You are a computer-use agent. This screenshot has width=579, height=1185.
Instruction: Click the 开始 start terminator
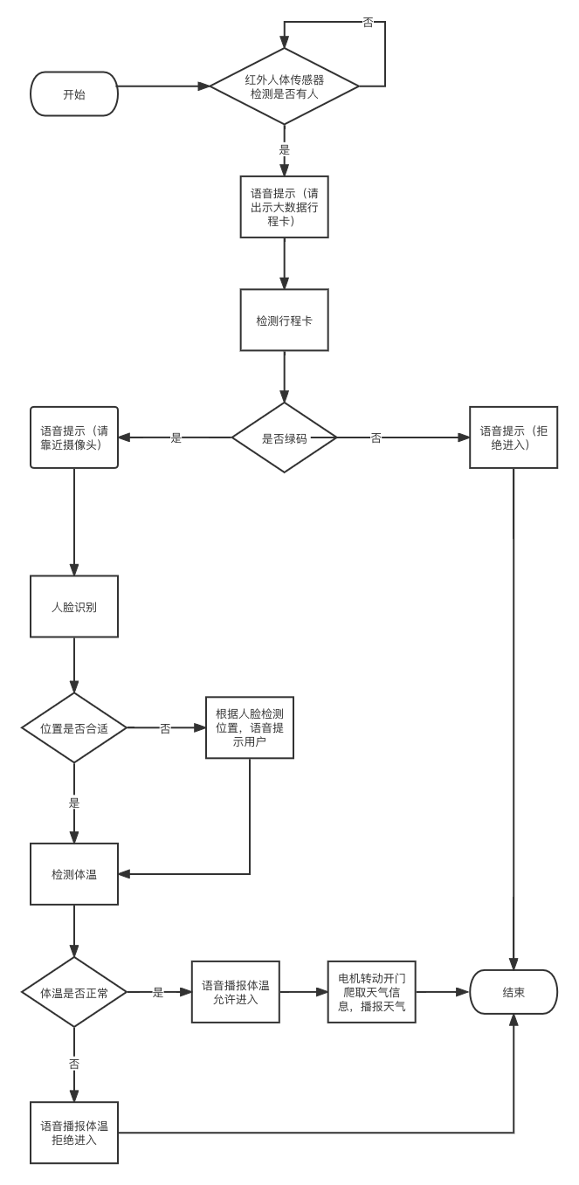[74, 93]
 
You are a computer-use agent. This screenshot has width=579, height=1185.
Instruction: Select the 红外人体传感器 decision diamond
[285, 86]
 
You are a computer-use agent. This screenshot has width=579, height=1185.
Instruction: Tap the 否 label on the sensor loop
[368, 24]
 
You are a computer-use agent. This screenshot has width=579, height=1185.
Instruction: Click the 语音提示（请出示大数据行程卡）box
[285, 206]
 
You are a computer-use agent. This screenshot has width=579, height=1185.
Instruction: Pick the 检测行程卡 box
[285, 320]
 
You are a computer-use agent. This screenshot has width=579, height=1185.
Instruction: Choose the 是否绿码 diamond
[285, 437]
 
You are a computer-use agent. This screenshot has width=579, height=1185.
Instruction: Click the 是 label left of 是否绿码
[176, 437]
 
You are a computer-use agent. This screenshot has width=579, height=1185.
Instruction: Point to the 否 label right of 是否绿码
[376, 437]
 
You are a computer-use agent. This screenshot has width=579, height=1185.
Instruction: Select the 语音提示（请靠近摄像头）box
[74, 437]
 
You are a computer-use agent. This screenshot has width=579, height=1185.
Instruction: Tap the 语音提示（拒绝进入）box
[514, 437]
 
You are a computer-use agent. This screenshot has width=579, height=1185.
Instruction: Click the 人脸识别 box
[74, 606]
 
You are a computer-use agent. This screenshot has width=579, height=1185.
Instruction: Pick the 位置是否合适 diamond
[74, 727]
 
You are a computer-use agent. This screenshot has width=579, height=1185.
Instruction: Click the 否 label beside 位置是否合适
[165, 727]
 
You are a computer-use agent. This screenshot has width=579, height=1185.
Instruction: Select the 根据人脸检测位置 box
[250, 727]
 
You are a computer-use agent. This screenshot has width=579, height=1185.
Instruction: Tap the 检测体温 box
[74, 873]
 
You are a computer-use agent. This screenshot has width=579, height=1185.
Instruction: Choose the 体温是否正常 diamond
[74, 992]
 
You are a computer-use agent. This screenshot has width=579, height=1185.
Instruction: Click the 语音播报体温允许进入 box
[236, 992]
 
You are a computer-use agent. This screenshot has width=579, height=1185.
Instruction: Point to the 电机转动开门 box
[371, 992]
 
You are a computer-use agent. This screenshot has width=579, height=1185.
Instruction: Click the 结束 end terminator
[514, 992]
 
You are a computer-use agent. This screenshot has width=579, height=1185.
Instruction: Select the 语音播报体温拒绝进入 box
[74, 1133]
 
